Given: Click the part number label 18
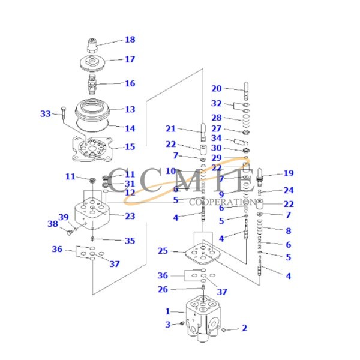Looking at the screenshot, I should pos(130,40).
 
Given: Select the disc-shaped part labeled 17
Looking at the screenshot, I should pos(92,62).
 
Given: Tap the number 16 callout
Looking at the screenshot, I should pos(130,83).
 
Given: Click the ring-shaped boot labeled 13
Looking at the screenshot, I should pos(92,110).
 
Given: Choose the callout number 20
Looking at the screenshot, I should pos(216,89).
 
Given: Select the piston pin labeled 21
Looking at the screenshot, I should pos(203,130).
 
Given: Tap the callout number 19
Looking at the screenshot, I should pos(289,173).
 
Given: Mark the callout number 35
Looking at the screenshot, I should pos(130,241).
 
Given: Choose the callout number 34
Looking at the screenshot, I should pos(216,138).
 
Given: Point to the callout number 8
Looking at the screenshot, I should pos(289,230).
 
